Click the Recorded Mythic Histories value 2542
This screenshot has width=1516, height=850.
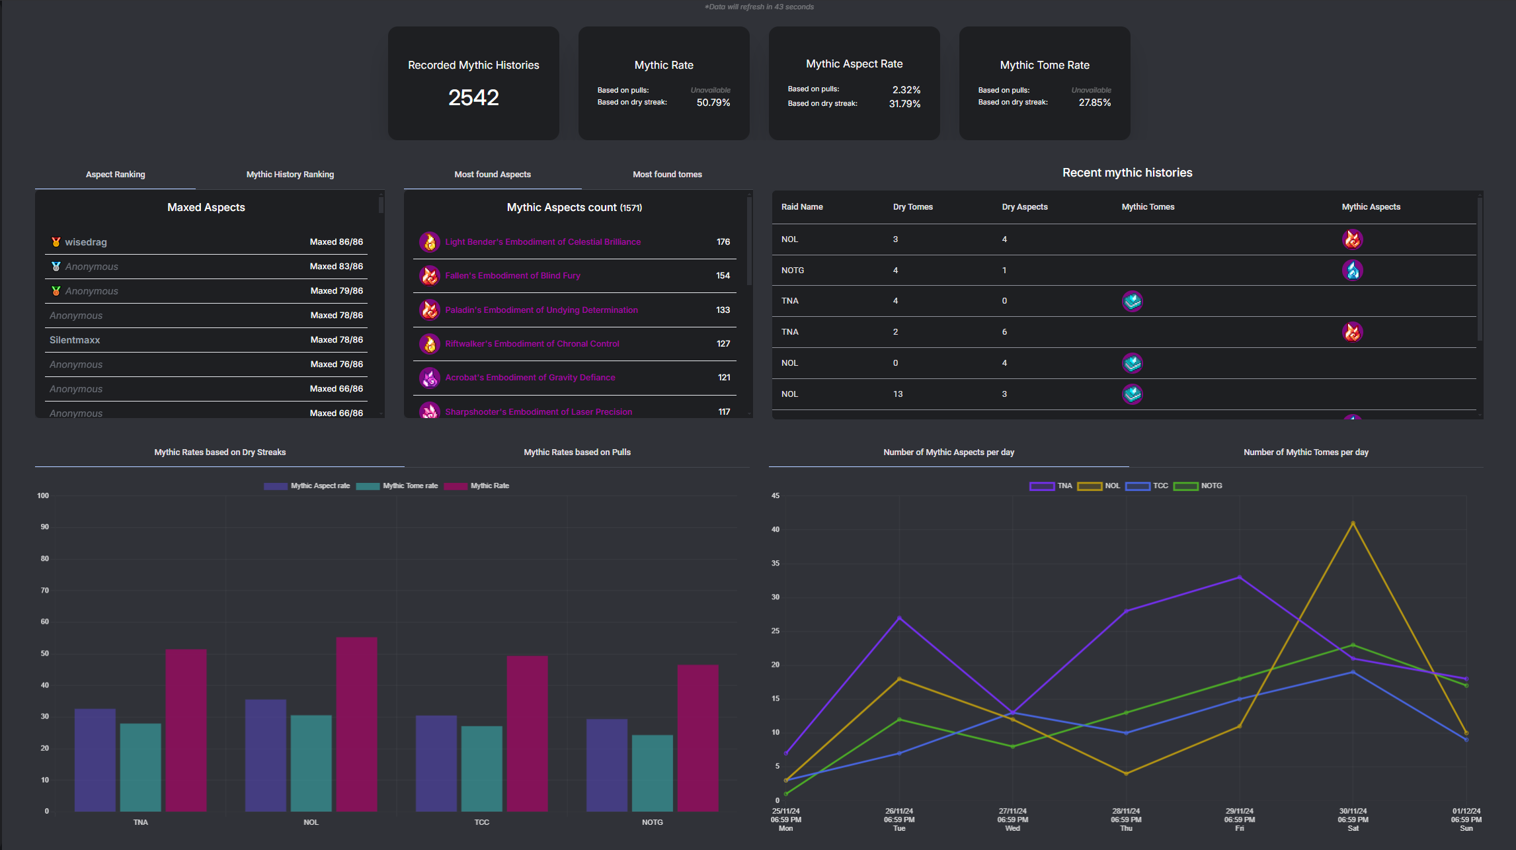click(473, 98)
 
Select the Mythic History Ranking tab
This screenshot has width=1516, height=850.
click(290, 175)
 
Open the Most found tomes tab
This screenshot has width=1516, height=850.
click(667, 175)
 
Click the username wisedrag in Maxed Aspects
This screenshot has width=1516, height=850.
click(86, 242)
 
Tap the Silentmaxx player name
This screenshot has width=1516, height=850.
click(75, 340)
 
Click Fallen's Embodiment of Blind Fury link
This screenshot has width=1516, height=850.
click(512, 276)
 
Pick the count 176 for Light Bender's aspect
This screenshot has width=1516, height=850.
click(723, 242)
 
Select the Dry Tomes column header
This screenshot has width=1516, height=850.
click(912, 207)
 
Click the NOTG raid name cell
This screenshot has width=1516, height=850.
click(793, 271)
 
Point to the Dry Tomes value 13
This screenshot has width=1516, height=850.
click(898, 394)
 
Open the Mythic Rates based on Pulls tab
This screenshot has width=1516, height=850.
click(577, 452)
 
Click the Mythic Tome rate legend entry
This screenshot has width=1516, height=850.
click(397, 486)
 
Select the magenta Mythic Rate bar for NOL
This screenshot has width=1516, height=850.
click(357, 724)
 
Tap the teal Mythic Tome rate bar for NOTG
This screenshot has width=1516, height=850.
click(653, 773)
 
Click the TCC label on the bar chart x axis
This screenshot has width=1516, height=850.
click(482, 822)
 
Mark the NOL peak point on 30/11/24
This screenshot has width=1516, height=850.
click(1353, 523)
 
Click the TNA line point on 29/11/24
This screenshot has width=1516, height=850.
click(1240, 577)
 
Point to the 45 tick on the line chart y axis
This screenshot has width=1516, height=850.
click(776, 495)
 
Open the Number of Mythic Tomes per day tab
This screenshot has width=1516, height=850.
click(1306, 452)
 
